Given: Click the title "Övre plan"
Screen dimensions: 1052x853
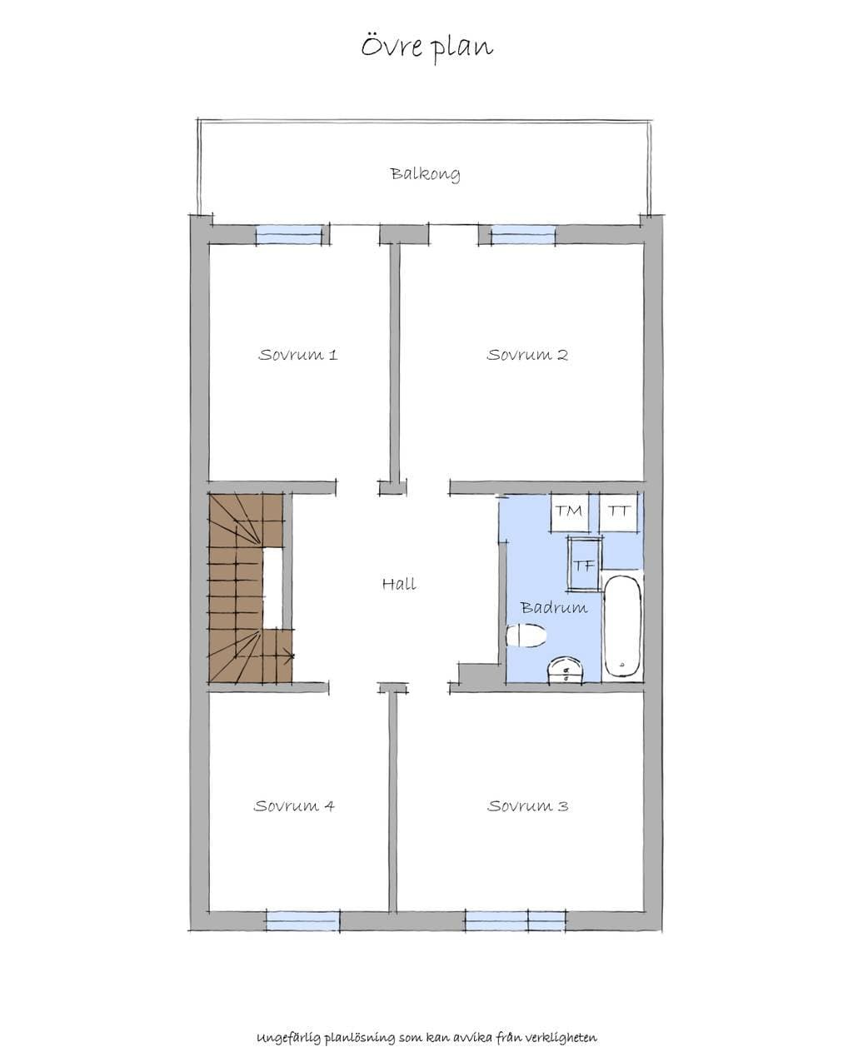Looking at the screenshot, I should point(426,47).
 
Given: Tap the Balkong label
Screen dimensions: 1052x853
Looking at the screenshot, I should point(425,174).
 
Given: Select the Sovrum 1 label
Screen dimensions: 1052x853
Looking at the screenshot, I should point(297,355).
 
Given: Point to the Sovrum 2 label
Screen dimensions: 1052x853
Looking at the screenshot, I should point(527,355).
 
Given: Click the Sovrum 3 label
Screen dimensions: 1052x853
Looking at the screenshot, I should point(528,806).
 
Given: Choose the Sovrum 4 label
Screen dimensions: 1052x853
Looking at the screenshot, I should point(294,806).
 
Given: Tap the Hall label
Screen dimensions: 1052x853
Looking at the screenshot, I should point(399,584).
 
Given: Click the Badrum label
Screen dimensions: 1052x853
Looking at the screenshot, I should point(554,607).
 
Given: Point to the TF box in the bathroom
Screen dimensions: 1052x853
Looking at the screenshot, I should point(584,565).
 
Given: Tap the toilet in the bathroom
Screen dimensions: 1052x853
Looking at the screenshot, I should point(526,636).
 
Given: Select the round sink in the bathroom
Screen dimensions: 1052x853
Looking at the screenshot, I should point(566,670).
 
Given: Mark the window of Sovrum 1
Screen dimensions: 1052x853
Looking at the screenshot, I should point(289,235).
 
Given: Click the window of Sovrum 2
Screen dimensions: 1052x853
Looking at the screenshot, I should point(523,235).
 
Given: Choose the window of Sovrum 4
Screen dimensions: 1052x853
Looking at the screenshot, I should point(302,920).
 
